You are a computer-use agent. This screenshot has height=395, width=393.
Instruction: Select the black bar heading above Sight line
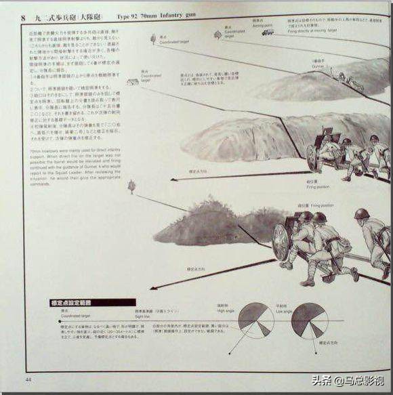[x=93, y=302]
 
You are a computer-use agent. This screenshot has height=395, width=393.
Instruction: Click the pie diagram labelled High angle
[x=256, y=319]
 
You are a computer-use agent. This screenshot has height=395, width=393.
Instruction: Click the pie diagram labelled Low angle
[x=309, y=320]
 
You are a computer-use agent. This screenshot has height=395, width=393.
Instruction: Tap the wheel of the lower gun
[x=281, y=241]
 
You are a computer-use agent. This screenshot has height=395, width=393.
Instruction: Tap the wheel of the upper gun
[x=313, y=157]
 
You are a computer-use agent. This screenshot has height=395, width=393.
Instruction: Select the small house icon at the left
[x=133, y=82]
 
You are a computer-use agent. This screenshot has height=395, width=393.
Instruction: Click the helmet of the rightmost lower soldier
[x=362, y=213]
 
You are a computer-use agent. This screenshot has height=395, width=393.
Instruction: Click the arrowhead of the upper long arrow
[x=173, y=180]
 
